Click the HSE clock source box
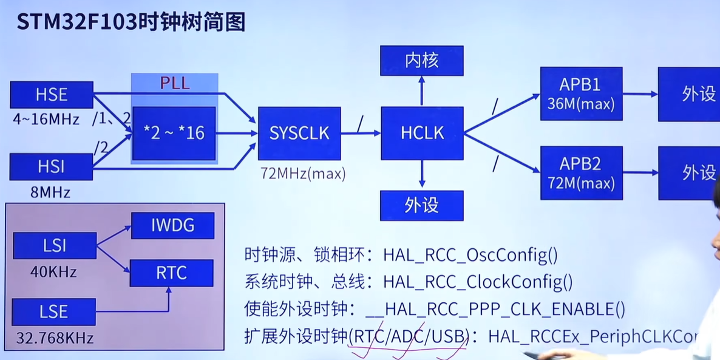tap(52, 95)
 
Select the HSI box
tap(52, 167)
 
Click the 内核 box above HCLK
tap(422, 60)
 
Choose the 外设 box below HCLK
tap(422, 205)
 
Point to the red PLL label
tap(175, 83)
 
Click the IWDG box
tap(172, 226)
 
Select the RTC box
tap(172, 273)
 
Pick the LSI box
tap(55, 246)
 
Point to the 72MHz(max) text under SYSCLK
tap(302, 174)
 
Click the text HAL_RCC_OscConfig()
tap(470, 256)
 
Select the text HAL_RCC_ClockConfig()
tap(478, 282)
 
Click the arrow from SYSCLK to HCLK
tap(360, 133)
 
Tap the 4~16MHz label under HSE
tap(46, 120)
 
